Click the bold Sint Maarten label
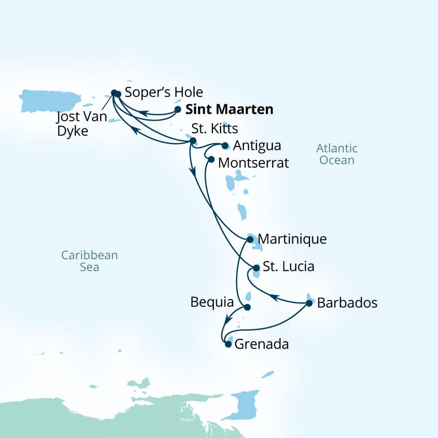pos(229,109)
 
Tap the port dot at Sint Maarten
pos(178,109)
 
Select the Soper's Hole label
pos(164,92)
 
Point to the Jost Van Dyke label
pos(82,124)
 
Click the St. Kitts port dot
pos(193,140)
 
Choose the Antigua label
pos(257,145)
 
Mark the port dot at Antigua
pos(225,145)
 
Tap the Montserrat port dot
pos(211,159)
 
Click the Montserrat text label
pos(253,163)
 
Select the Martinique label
pos(293,239)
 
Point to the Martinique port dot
pos(250,240)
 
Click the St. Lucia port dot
pos(256,268)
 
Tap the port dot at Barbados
pos(309,303)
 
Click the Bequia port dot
pos(246,307)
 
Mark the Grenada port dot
pos(228,343)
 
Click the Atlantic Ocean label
pos(337,154)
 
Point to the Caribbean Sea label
pos(89,261)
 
